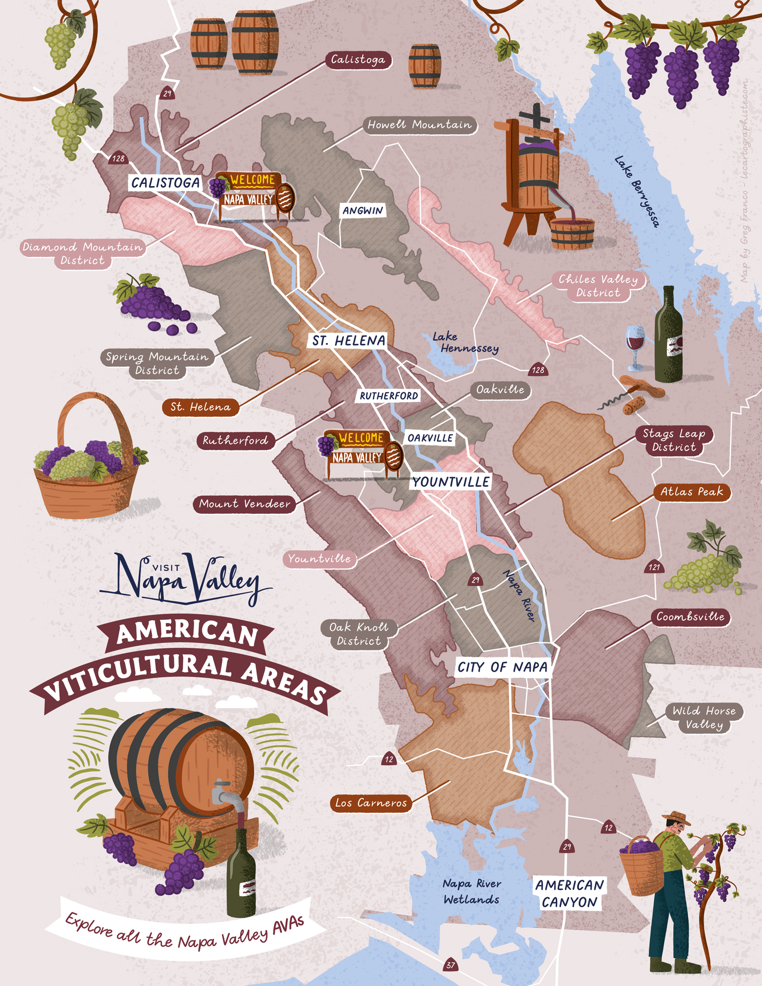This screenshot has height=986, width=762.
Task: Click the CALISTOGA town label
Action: coord(165,183)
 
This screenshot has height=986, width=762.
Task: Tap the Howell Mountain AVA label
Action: coord(420,125)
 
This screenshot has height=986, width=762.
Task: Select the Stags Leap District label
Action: coord(674,440)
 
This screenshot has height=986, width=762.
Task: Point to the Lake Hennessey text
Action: coord(464,343)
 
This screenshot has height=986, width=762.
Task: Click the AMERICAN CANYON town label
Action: coord(569,894)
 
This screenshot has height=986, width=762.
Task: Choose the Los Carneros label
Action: coord(371,803)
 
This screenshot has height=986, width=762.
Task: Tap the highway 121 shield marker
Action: coord(654,567)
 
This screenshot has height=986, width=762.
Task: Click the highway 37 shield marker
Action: coord(451,965)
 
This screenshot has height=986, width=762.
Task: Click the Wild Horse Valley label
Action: coord(704,718)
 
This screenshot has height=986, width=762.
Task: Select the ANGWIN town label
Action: coord(363,211)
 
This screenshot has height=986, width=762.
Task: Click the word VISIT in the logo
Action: coord(166,568)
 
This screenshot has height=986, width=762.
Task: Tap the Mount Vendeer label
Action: coord(244,504)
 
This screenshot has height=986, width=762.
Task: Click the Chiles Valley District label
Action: coord(598,286)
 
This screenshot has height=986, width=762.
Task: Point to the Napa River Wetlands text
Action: coord(471,892)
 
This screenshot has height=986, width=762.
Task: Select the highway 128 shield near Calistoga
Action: coord(118,158)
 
